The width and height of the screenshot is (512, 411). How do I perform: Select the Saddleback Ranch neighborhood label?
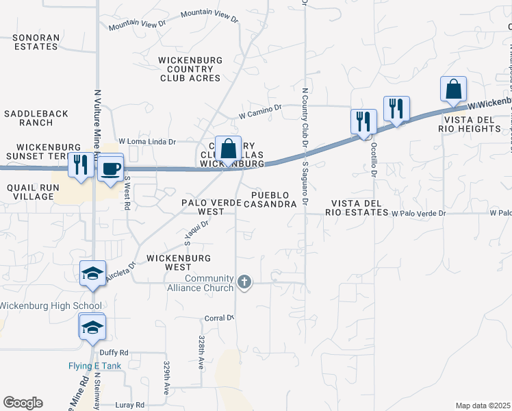click(27, 117)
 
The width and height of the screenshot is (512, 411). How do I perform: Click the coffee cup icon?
click(110, 168)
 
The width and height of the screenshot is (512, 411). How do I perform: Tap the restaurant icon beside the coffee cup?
click(81, 165)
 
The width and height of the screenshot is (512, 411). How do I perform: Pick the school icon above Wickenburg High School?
click(92, 274)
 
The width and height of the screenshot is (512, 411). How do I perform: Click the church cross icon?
click(244, 282)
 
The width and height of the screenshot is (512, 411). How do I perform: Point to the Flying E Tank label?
click(94, 366)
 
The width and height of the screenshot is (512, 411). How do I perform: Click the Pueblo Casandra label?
click(270, 199)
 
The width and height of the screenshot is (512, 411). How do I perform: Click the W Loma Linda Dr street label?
click(147, 142)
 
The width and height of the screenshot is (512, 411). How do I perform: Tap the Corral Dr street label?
click(220, 318)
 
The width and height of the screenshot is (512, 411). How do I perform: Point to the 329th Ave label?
click(166, 378)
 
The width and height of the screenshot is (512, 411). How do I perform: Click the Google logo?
click(23, 403)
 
